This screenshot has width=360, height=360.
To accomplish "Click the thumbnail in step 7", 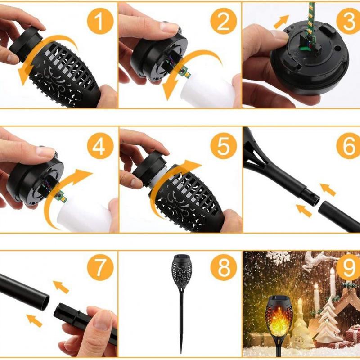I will [x=101, y=315].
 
